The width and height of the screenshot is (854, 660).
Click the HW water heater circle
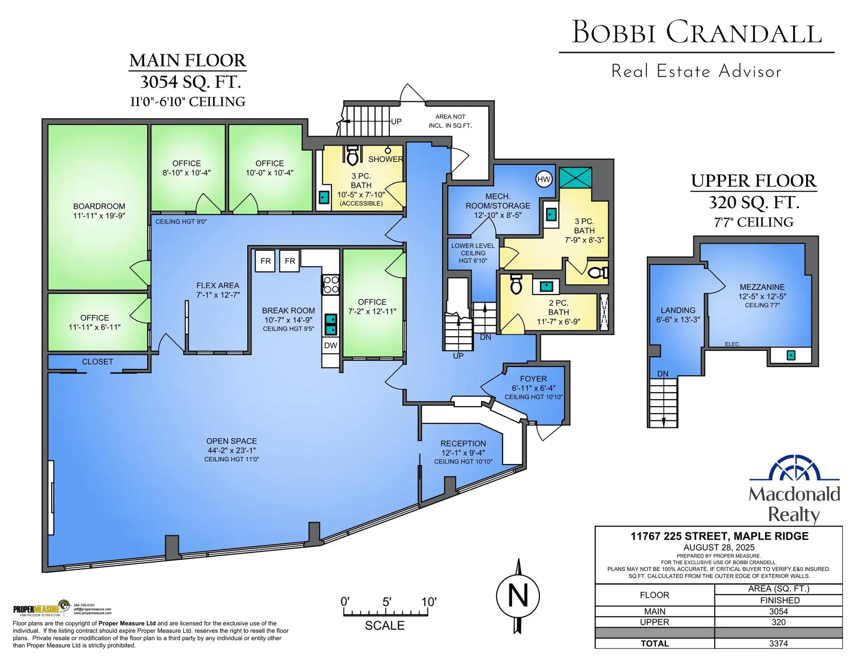pos(544,180)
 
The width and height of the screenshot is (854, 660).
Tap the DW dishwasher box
pos(330,346)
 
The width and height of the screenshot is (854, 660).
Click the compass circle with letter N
pos(518,596)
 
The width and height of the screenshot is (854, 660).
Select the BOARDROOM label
pos(99,206)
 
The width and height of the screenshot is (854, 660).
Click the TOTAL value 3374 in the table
pos(778,644)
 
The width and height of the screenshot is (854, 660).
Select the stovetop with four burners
pos(331,285)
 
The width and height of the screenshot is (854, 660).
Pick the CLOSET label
pos(97,362)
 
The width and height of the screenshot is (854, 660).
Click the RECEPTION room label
pos(463,443)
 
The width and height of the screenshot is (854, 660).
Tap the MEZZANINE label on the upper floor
pos(762,287)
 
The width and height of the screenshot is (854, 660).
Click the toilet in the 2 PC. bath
pos(516,285)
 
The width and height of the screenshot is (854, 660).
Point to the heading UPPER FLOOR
pos(753,181)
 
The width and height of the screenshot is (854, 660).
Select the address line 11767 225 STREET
pos(719,536)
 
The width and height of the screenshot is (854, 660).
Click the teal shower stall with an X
pos(575,178)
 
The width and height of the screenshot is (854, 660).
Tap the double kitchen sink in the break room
pos(330,324)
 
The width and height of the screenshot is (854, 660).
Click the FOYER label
pos(533,379)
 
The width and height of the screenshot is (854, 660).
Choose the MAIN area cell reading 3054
pos(778,612)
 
